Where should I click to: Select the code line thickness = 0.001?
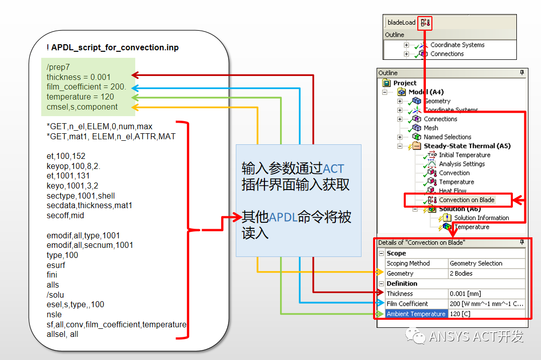click(78, 77)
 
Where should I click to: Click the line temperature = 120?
click(80, 97)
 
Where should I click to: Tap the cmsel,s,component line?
click(82, 107)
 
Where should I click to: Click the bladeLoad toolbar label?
click(402, 22)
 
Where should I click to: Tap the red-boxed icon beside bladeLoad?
click(426, 22)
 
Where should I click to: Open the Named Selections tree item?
click(447, 137)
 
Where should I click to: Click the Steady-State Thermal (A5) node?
click(467, 146)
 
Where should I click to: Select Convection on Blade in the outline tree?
click(467, 200)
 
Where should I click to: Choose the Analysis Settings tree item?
click(462, 164)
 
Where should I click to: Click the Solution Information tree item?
click(481, 218)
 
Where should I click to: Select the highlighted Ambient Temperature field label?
click(416, 314)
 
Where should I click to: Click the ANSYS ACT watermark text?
click(476, 336)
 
